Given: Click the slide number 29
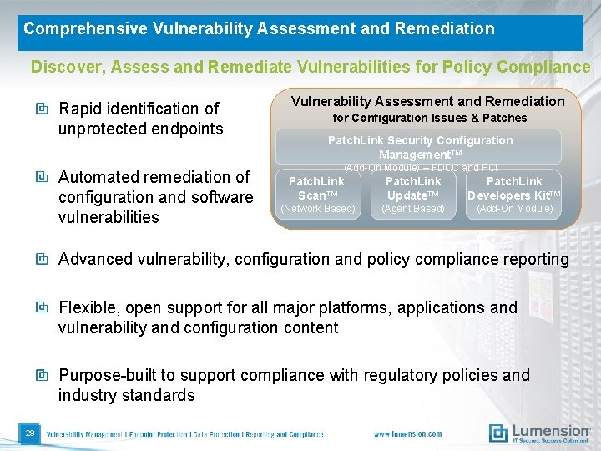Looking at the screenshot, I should pos(29,433).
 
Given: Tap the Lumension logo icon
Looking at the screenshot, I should pos(498,433).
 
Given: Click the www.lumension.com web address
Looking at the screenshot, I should pos(408,434).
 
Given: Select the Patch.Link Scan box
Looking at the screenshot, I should pos(316,195).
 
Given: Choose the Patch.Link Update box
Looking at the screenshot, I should pos(413,195).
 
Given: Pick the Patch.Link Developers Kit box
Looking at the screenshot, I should pos(514,195).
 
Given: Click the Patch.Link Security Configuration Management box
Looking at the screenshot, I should pos(419,147).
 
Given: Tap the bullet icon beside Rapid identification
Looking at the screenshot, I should pos(42,109).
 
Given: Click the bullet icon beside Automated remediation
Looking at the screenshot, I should pos(42,177).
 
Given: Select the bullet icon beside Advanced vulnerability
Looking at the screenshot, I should pos(42,259).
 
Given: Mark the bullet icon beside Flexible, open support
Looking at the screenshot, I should pos(42,307).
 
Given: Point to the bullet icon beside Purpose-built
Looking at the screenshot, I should pos(42,376).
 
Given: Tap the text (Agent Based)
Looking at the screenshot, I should pos(413,209).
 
